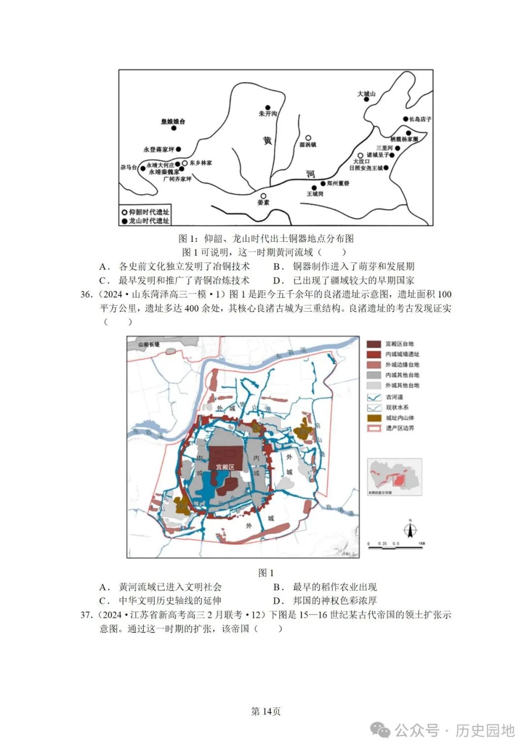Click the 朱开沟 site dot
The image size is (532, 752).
(x=268, y=107)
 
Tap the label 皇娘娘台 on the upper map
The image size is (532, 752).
(x=173, y=121)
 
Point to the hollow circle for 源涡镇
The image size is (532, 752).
(x=308, y=138)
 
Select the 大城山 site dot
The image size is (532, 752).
(x=366, y=99)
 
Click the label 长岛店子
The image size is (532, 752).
(x=420, y=119)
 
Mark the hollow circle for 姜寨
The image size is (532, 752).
(x=264, y=196)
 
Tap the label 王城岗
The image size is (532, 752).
(x=315, y=194)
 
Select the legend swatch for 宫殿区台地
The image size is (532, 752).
(x=374, y=344)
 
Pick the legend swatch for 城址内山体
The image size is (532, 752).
(x=374, y=418)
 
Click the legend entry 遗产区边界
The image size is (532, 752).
(x=399, y=428)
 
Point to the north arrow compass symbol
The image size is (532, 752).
(x=410, y=530)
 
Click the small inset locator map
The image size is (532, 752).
(x=395, y=476)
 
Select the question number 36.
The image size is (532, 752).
(x=86, y=294)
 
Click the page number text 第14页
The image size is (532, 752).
(x=266, y=711)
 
